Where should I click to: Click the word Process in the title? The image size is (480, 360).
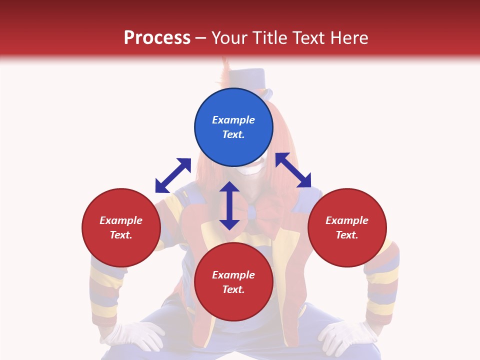coord(157,37)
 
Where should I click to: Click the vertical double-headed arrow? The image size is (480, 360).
coord(229,205)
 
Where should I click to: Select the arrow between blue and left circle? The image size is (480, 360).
coord(173,175)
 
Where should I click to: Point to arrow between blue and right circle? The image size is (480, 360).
coord(293,170)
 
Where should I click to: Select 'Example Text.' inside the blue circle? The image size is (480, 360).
coord(233,127)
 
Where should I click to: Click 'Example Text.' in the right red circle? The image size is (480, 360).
coord(347,227)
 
